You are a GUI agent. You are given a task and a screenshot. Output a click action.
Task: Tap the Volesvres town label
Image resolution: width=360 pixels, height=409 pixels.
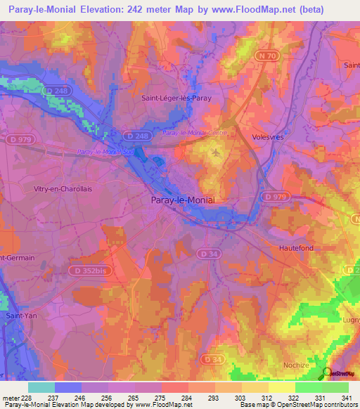coord(268,137)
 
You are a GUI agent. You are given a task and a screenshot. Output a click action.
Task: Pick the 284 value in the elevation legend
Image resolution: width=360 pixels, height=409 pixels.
coord(188,398)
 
